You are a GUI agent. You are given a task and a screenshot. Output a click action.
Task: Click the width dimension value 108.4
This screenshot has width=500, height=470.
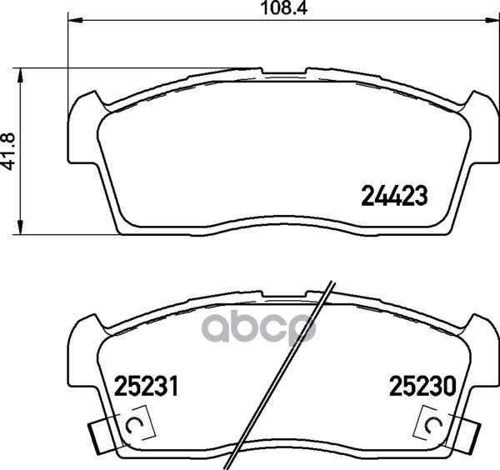284,8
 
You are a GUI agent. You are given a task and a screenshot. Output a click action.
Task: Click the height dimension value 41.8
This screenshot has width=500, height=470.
8,152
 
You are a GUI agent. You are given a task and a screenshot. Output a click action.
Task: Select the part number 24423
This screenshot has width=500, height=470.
394,196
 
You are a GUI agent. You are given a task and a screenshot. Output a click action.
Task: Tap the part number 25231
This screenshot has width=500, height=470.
146,386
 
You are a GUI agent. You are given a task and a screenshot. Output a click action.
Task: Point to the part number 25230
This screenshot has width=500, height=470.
422,386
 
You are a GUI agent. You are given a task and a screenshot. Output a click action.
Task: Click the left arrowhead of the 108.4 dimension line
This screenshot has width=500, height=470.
75,20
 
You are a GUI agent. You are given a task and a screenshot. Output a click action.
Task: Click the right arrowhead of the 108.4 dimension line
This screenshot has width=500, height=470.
492,20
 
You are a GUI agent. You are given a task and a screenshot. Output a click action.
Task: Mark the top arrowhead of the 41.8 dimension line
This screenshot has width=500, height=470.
20,76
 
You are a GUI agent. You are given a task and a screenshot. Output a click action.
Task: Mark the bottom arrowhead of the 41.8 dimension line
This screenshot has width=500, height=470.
20,227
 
